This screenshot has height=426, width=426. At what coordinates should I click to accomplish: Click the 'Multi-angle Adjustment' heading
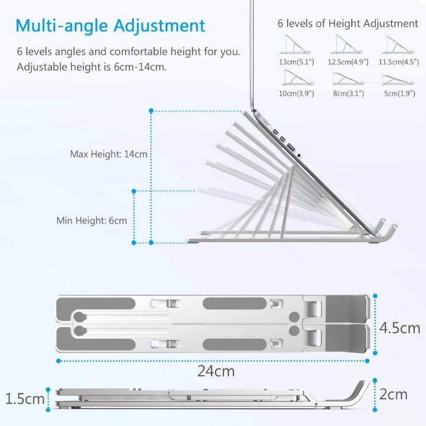110,26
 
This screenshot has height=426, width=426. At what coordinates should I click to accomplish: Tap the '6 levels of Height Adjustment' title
348,23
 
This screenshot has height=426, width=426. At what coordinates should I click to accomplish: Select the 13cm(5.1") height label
297,62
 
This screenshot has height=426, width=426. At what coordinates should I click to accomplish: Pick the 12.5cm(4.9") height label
348,62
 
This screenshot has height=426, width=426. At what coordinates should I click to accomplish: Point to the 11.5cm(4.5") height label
399,62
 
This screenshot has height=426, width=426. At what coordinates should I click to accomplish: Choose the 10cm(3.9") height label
297,94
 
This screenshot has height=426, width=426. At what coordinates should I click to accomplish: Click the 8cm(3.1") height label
349,94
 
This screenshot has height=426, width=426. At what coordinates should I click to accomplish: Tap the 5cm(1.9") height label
400,94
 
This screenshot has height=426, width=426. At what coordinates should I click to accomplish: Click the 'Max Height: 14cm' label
109,154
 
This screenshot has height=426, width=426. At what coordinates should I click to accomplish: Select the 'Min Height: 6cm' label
92,220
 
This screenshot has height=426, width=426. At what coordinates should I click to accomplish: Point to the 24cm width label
216,371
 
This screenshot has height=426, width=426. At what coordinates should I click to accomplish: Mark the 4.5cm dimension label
400,328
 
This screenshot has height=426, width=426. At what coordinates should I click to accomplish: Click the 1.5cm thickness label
24,399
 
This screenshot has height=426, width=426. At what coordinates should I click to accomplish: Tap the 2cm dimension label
394,394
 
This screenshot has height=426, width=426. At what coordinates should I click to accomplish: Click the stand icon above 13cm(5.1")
295,44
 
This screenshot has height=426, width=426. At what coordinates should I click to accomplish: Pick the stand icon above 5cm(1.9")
398,80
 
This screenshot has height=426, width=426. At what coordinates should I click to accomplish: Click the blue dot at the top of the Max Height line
151,111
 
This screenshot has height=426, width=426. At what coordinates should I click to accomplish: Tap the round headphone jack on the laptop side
299,155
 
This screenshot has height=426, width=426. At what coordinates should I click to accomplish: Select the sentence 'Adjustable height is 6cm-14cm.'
92,67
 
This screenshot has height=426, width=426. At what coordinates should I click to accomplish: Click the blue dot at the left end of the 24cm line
59,361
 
